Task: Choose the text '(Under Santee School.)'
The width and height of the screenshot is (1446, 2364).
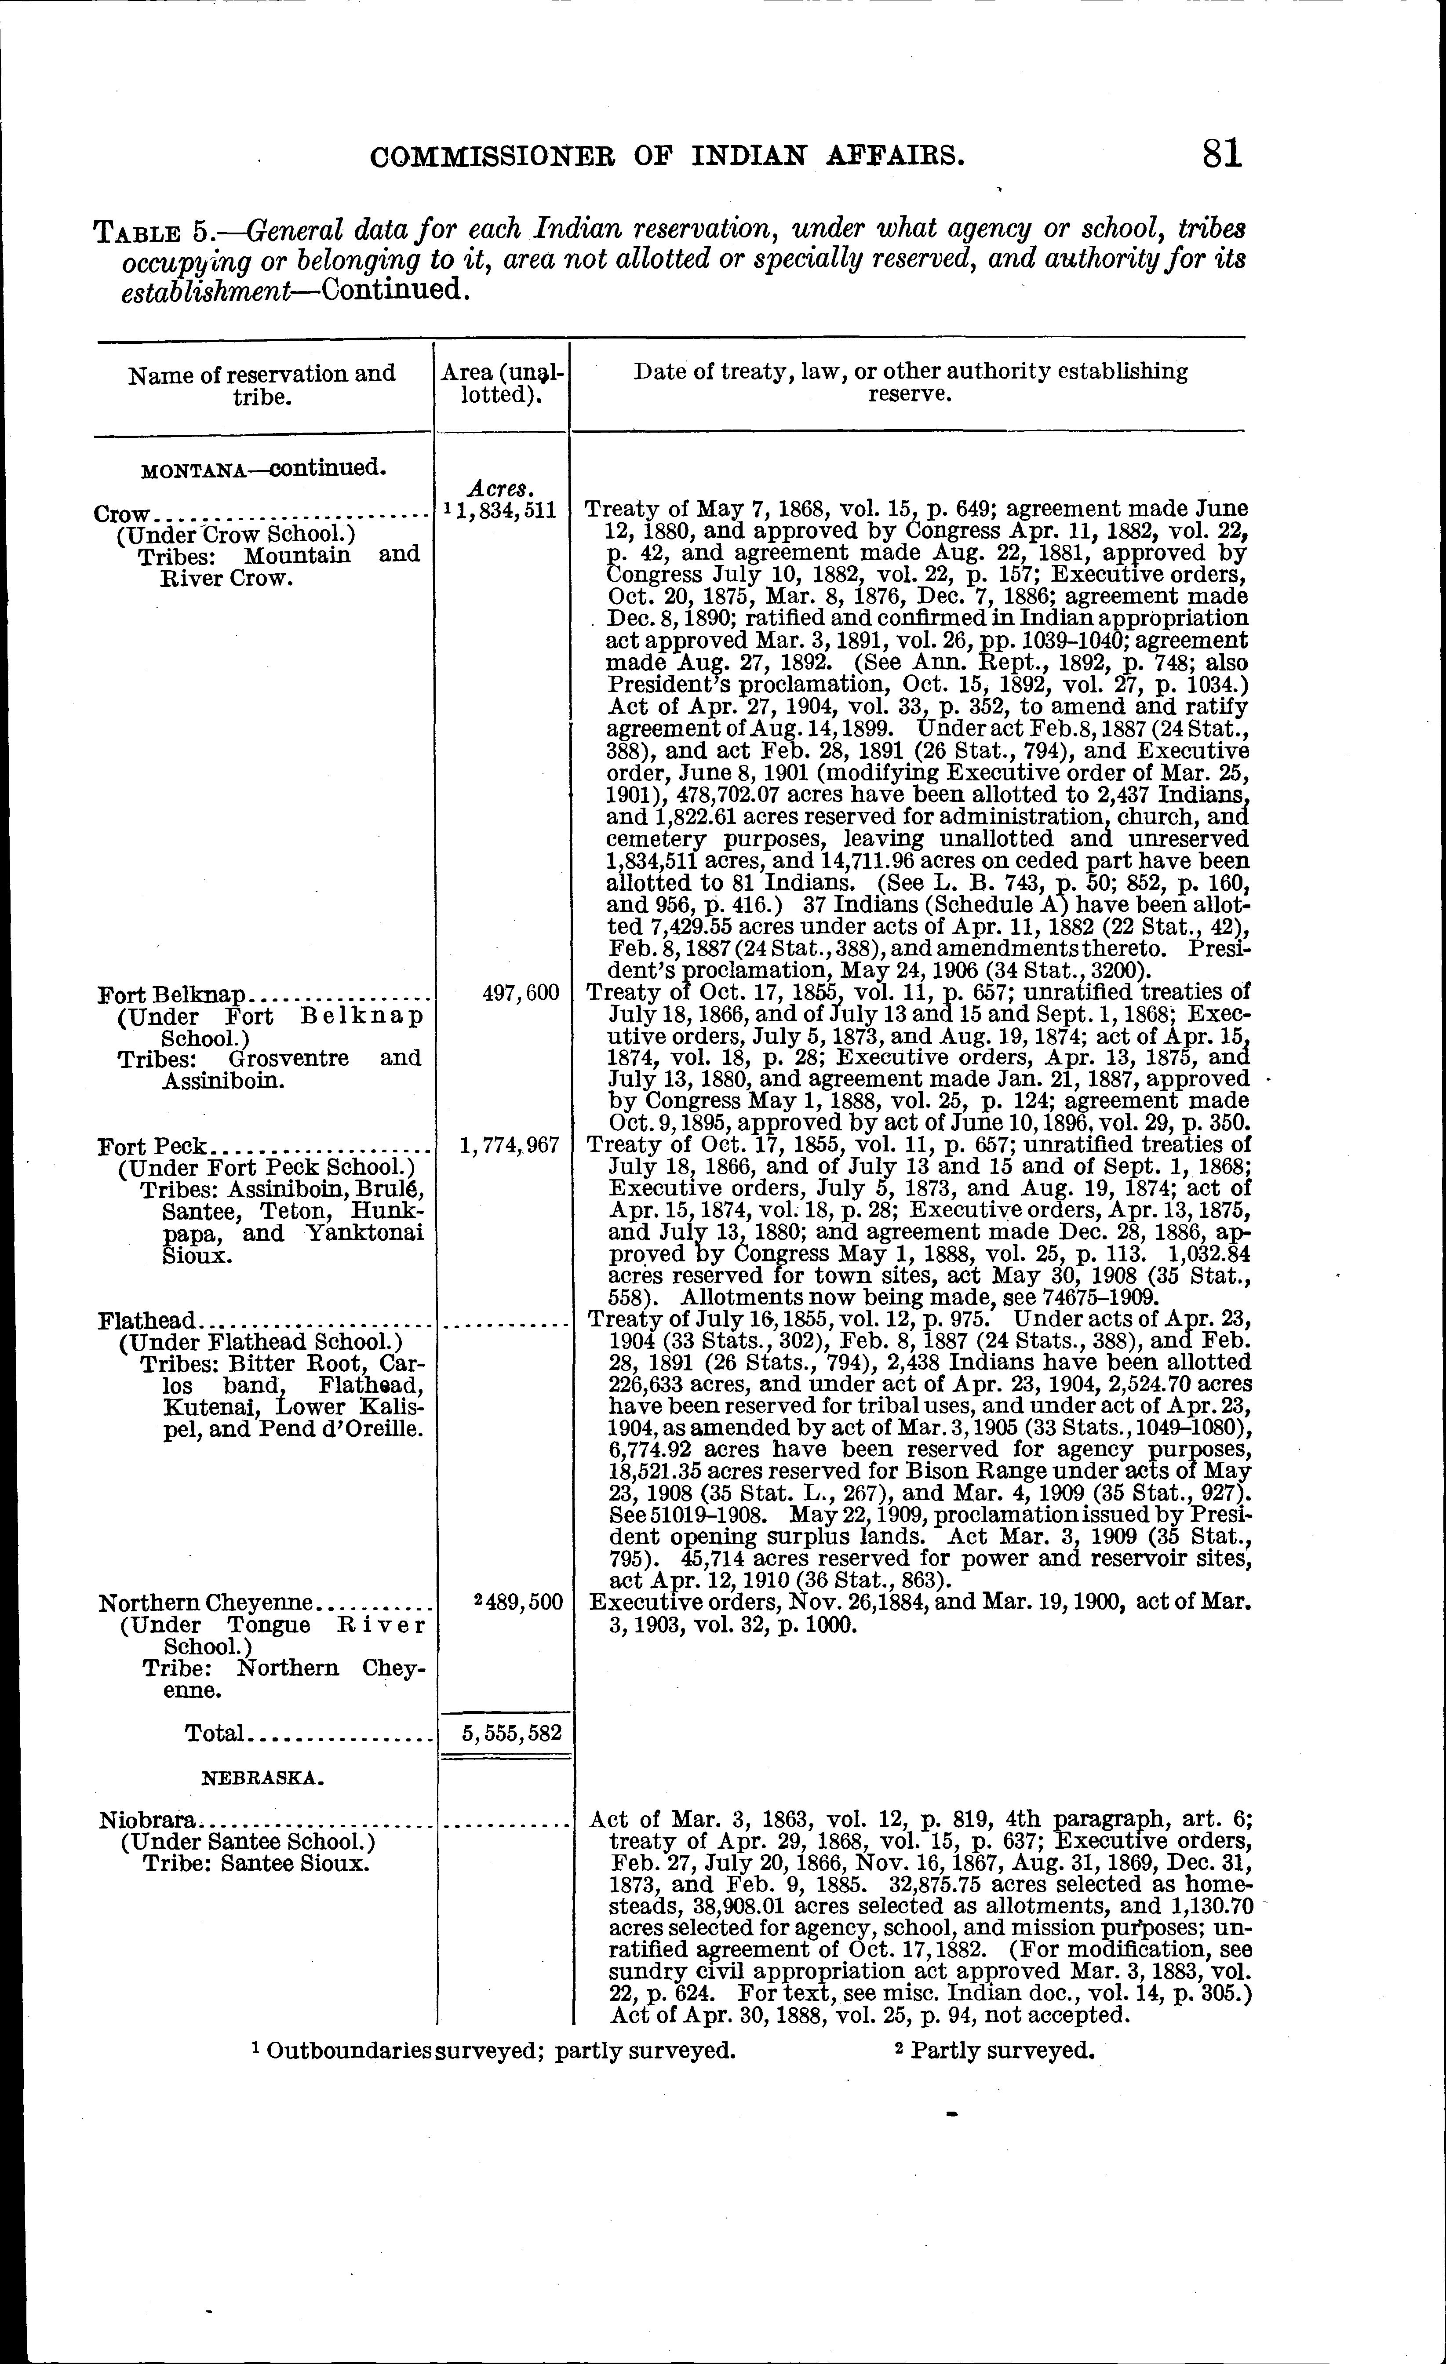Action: [x=247, y=1841]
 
